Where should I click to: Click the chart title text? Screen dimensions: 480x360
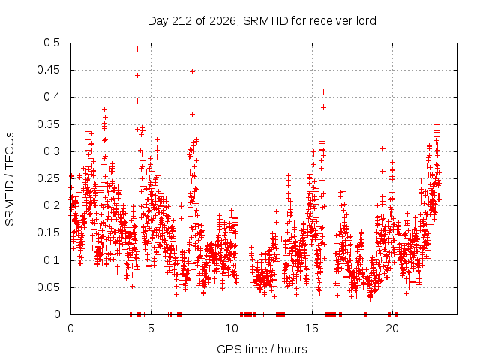pos(262,21)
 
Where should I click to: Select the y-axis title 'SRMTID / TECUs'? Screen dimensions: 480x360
pos(10,179)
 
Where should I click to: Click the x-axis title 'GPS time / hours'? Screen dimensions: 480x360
pos(262,349)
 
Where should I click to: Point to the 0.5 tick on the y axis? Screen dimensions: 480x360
pos(52,43)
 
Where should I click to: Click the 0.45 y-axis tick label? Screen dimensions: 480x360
pos(49,70)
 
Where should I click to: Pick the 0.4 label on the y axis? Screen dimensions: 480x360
pos(52,97)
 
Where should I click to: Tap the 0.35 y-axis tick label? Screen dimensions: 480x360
pos(49,124)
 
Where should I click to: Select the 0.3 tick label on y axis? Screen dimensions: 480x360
pos(52,151)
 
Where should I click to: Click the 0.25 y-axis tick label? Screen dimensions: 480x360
pos(49,178)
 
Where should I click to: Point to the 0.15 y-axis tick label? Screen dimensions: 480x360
pos(49,232)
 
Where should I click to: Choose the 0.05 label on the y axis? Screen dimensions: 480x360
pos(49,287)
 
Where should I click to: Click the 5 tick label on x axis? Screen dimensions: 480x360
pos(151,328)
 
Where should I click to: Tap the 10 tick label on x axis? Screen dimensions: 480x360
pos(232,328)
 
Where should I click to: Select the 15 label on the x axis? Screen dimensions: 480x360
pos(312,328)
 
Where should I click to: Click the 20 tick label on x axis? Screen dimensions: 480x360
pos(392,328)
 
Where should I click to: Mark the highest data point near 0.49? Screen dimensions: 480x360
pos(138,49)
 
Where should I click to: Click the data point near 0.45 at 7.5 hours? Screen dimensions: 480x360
pos(192,72)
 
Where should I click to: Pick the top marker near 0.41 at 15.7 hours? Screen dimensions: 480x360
pos(323,91)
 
